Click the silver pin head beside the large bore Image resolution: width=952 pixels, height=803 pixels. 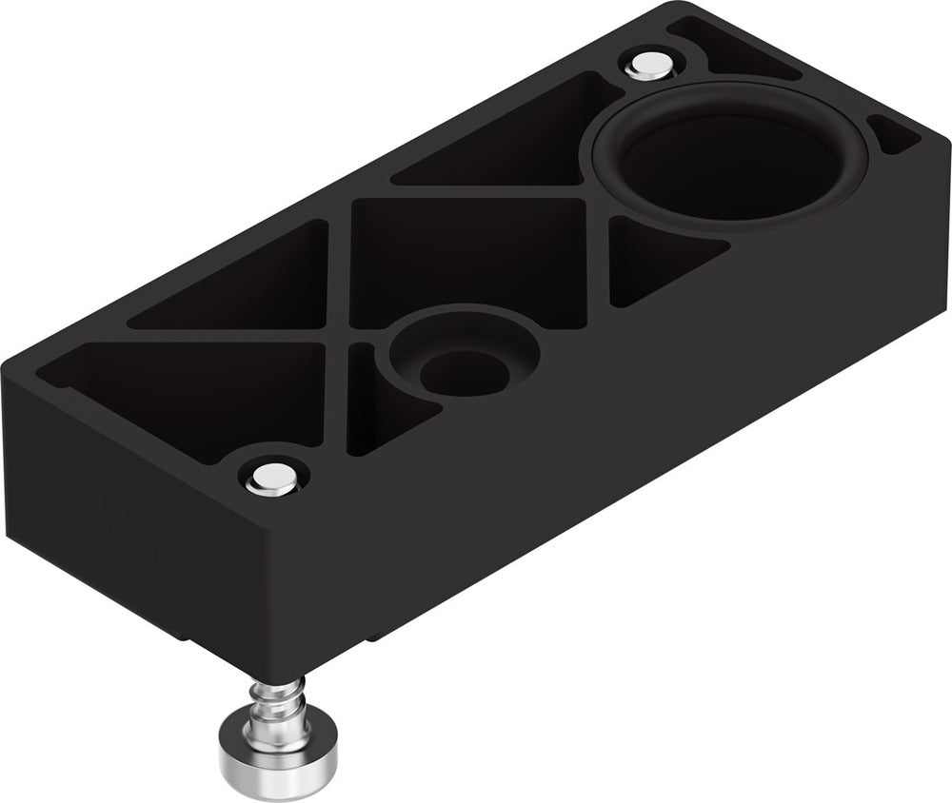coord(650,64)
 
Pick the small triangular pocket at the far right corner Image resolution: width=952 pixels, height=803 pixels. coord(895,138)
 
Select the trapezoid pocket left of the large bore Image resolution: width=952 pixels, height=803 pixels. coord(505,143)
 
